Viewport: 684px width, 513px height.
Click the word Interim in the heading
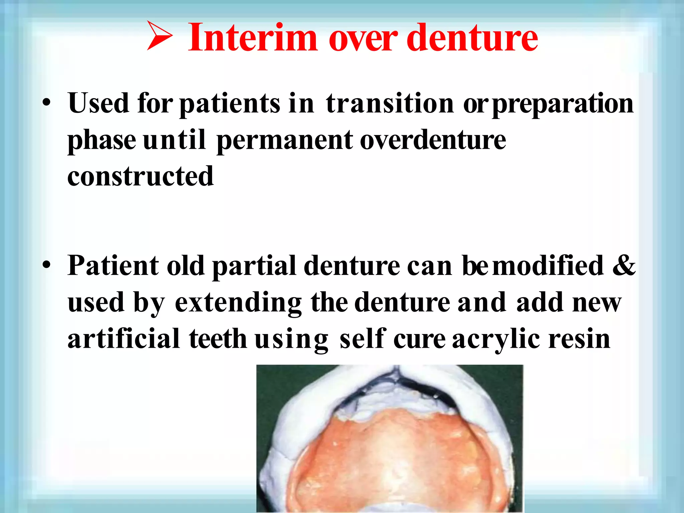click(252, 37)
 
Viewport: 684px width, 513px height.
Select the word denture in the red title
click(472, 37)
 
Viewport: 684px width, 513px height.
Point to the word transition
click(389, 103)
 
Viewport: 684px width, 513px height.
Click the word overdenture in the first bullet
click(433, 140)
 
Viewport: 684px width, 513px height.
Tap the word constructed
click(140, 176)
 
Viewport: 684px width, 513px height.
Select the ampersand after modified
click(624, 266)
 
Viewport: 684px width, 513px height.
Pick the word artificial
click(124, 338)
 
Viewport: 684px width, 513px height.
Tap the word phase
click(102, 141)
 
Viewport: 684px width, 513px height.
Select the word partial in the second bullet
click(254, 266)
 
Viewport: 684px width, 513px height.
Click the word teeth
click(218, 339)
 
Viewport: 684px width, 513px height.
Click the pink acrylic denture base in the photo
click(391, 461)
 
